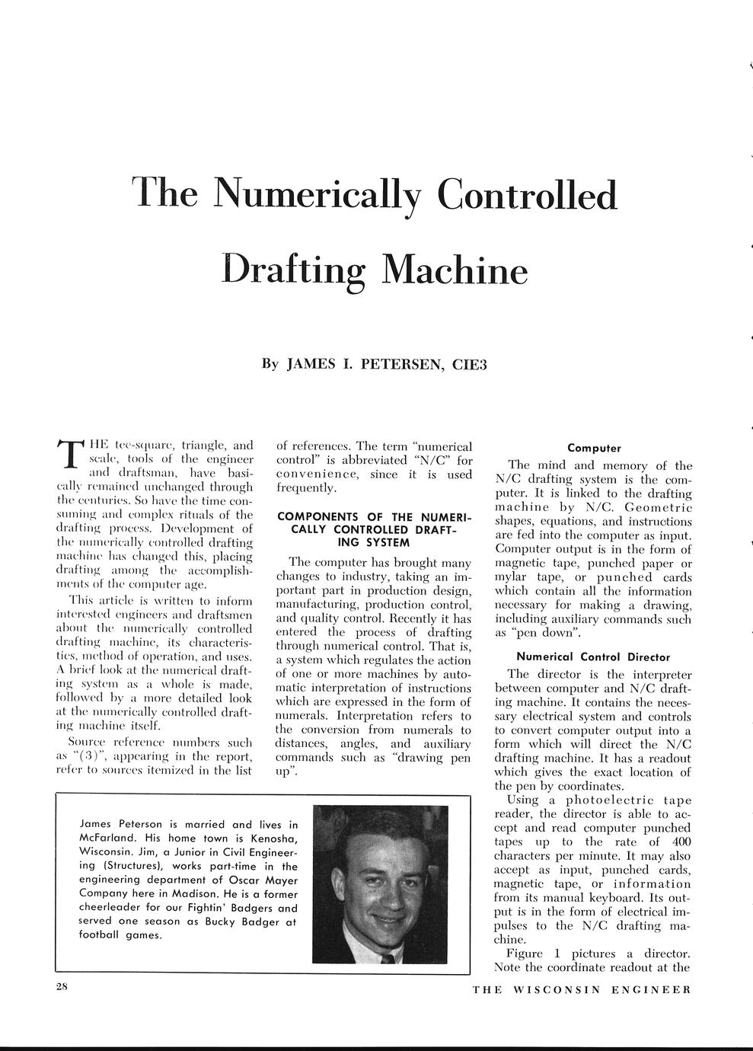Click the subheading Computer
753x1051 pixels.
[x=594, y=449]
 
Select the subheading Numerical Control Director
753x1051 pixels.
[x=593, y=656]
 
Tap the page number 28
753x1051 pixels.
[x=62, y=988]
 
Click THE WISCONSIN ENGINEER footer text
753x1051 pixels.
[x=581, y=990]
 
